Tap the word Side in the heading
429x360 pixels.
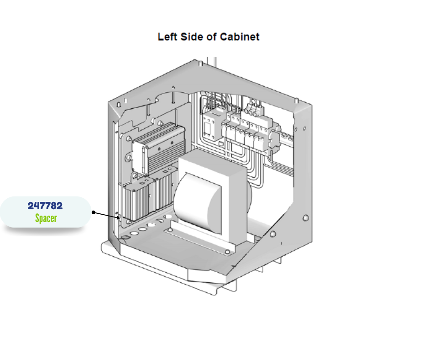[192, 37]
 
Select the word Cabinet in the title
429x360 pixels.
[240, 37]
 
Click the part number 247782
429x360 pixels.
[45, 206]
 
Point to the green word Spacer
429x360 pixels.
[46, 218]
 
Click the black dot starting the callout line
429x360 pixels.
[94, 212]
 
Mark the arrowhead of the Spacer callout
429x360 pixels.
[120, 217]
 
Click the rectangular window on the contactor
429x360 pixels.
[206, 127]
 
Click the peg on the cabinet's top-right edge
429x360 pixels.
[297, 100]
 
